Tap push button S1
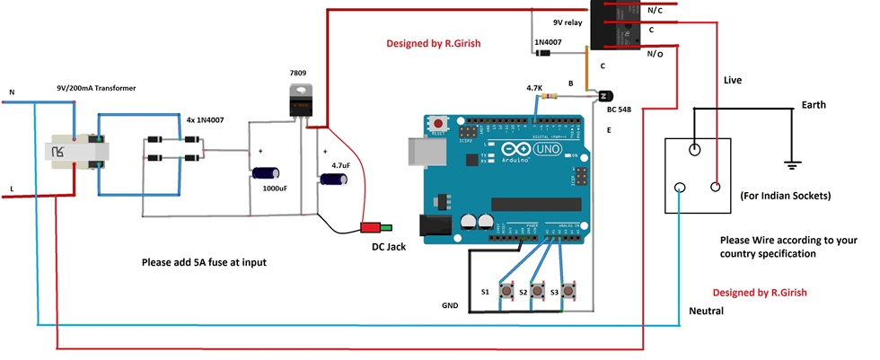[x=509, y=292]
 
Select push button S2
[x=537, y=292]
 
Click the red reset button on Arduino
[x=439, y=124]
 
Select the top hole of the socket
[x=694, y=152]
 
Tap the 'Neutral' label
[x=707, y=311]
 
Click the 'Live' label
[x=734, y=82]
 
